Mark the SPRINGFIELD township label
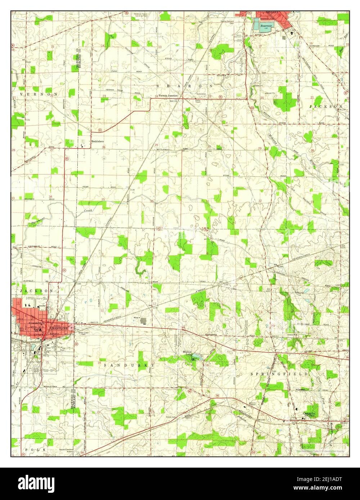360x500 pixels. coord(279,374)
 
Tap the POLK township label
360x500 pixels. coord(35,450)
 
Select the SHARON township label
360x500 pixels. coord(184,86)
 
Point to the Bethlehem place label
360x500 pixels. coord(98,142)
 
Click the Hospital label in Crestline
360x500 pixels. coord(42,305)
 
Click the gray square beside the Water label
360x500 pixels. coord(144,320)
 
